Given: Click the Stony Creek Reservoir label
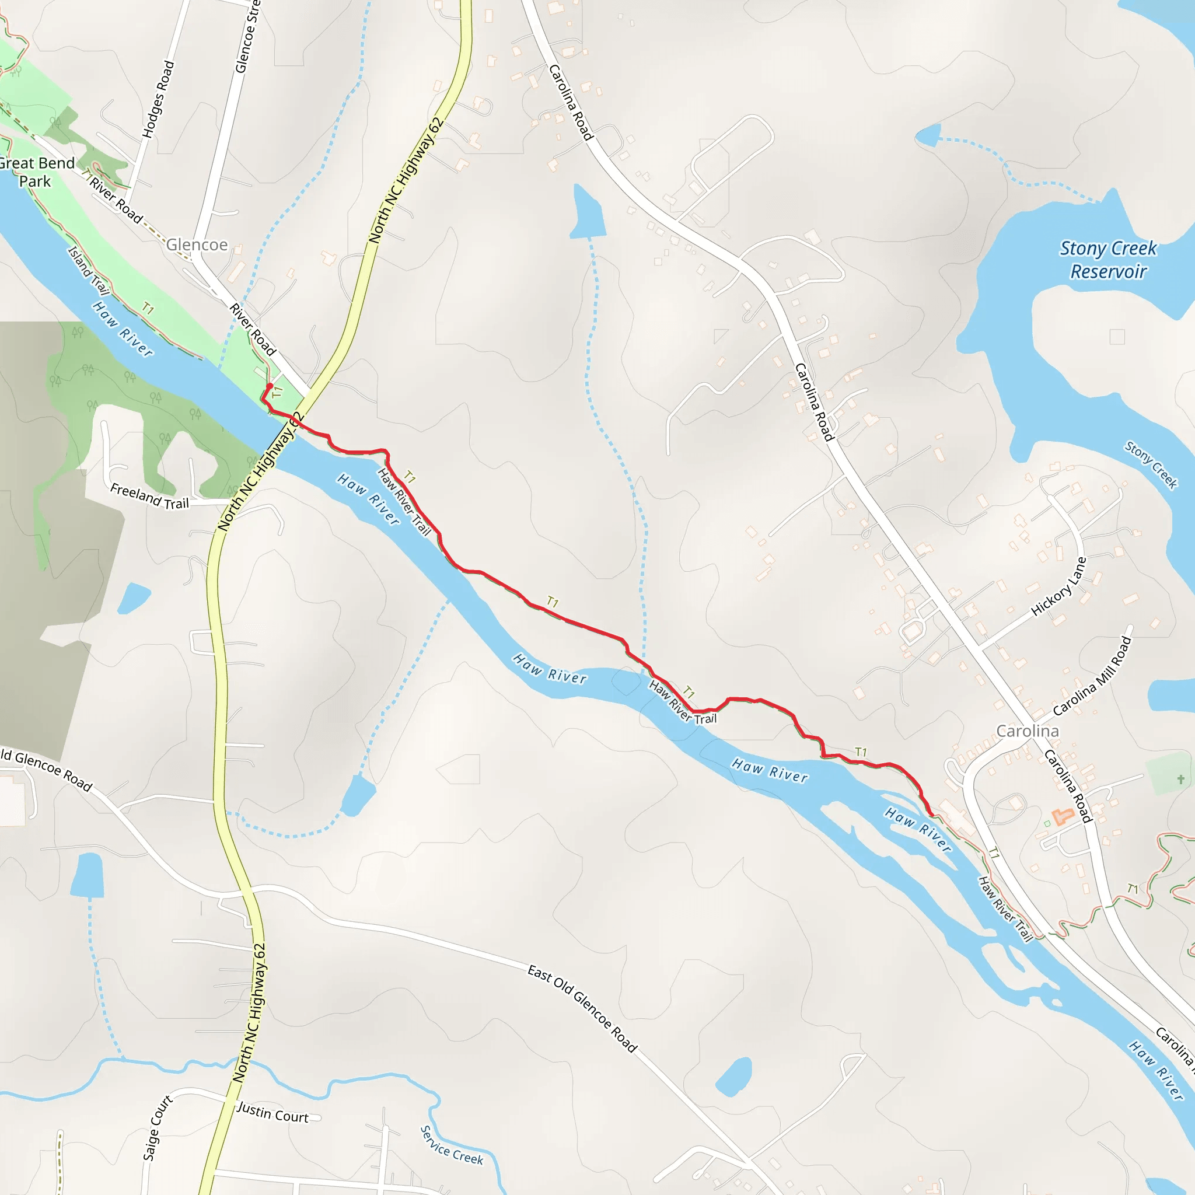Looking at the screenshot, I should pos(1108,260).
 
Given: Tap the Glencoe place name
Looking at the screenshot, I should pos(197,245).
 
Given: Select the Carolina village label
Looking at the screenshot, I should pos(1028,731).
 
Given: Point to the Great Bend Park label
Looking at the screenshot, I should pos(36,172).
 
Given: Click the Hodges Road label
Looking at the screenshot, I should pos(158,99).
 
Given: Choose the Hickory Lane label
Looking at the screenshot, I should pos(1059,586).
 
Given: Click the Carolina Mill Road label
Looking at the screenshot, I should pos(1092,676).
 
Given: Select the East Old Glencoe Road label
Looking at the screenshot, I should pos(581,1008).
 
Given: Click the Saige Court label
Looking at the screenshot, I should pos(158,1127).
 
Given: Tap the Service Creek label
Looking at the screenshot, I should pos(452,1145).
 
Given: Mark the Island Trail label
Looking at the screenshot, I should pos(88,270).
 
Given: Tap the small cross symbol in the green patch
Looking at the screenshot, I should pos(1180,780).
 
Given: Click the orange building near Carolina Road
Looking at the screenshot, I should pos(1062,816).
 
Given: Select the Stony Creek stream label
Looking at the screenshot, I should pos(1151,465).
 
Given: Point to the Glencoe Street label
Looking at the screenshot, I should pos(247,37).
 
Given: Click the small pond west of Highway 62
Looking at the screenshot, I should pos(134,598).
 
